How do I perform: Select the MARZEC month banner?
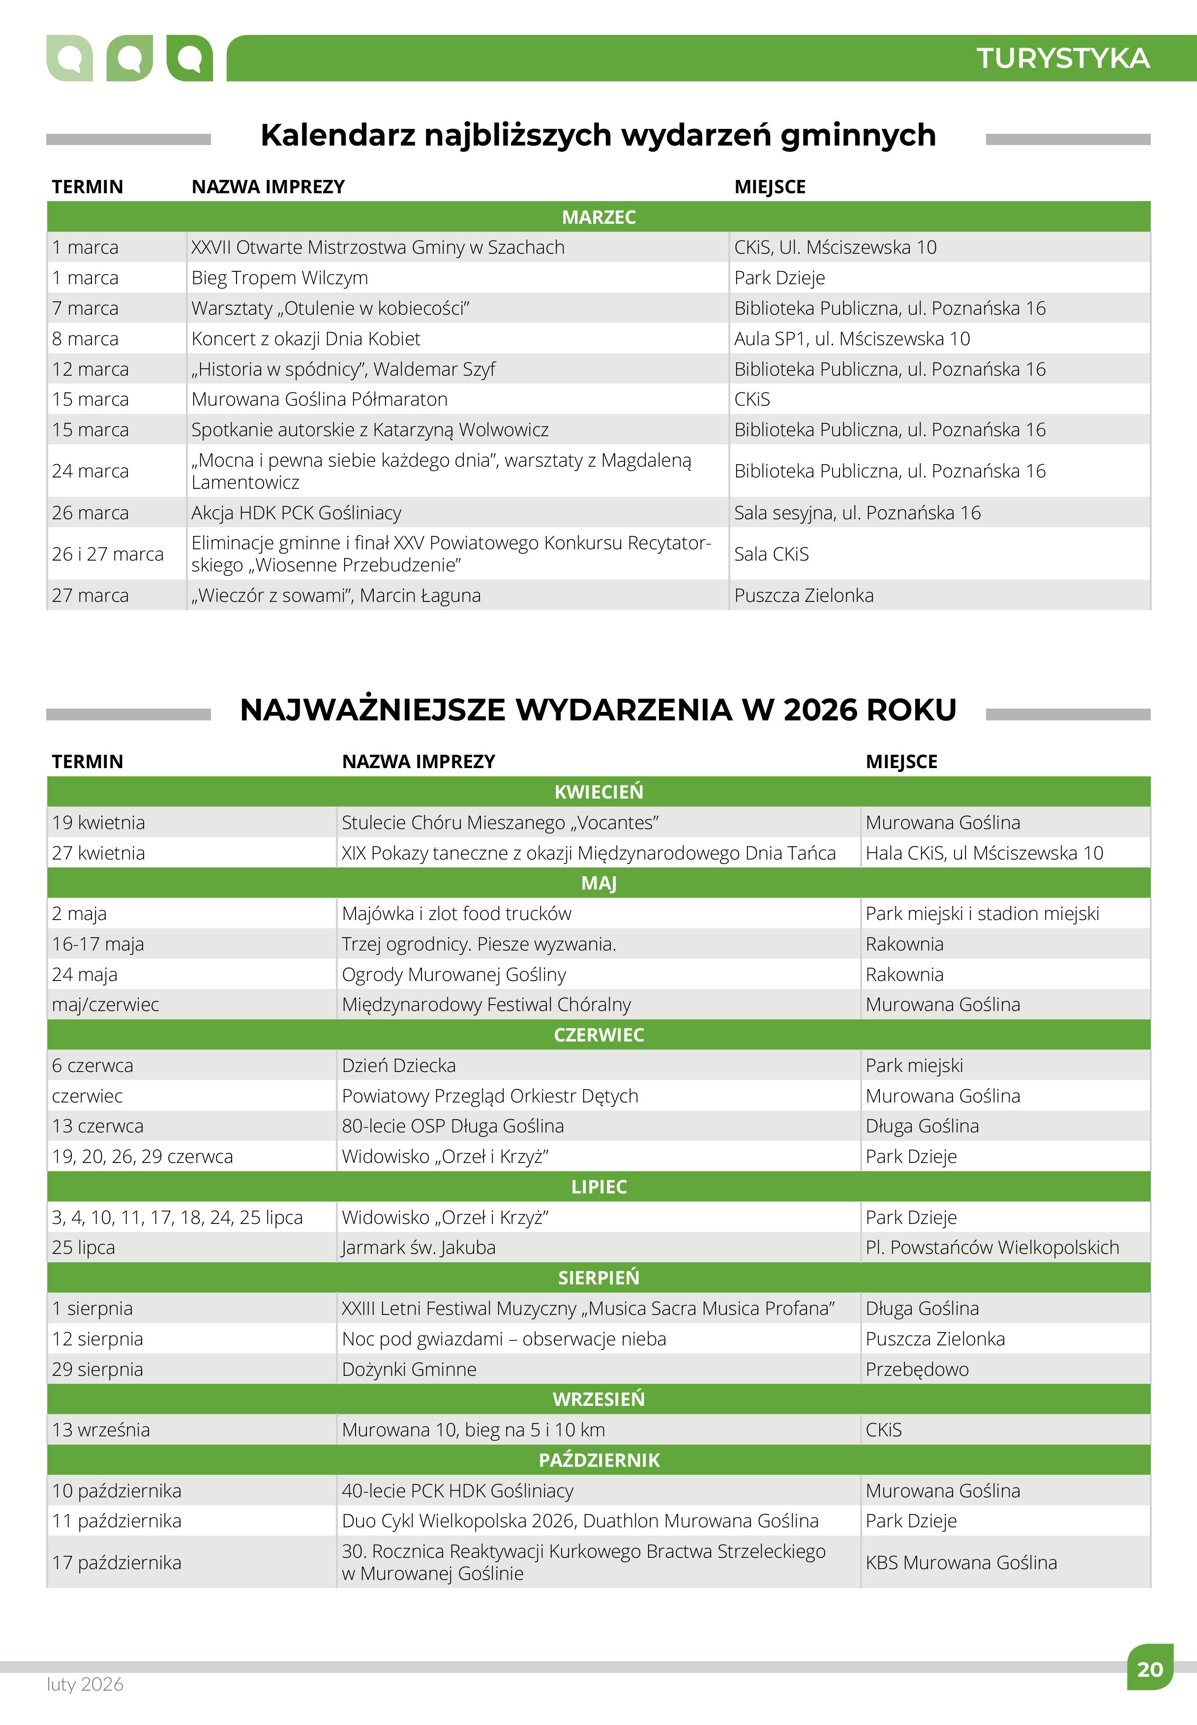pos(598,217)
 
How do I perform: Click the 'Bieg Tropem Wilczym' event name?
pos(280,277)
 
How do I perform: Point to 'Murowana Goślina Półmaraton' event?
pos(320,399)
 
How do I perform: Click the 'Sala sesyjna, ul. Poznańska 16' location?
pos(857,512)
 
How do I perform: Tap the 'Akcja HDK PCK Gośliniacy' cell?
pos(296,512)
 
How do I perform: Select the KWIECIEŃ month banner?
pos(598,791)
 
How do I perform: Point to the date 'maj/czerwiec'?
pos(105,1004)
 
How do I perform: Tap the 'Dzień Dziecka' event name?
pos(398,1065)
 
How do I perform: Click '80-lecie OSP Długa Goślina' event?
pos(452,1125)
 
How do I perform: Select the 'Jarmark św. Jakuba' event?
pos(419,1247)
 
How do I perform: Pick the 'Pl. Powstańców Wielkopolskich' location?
pos(991,1247)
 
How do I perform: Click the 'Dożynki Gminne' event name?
pos(409,1369)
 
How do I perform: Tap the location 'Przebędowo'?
pos(917,1369)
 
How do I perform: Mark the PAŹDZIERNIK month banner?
pos(598,1459)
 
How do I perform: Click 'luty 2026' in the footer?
pos(85,1684)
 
